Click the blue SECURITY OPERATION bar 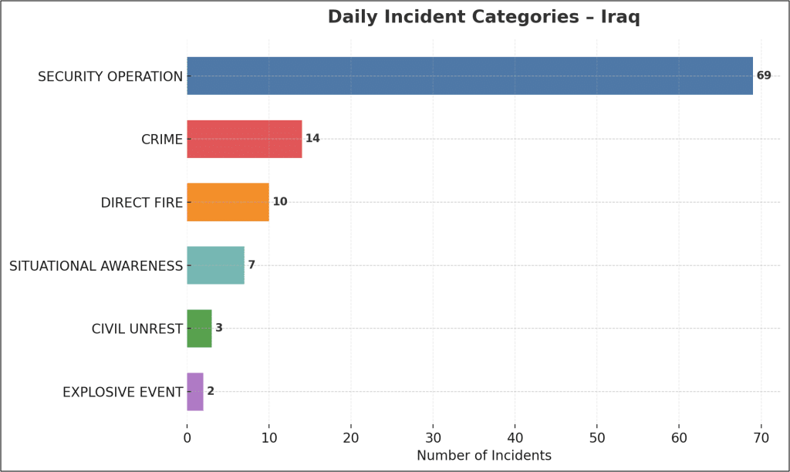tap(469, 76)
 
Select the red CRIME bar tap(244, 139)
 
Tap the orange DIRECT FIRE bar tap(228, 202)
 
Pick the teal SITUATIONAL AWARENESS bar tap(215, 265)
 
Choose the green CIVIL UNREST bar tap(199, 329)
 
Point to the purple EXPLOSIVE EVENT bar tap(195, 392)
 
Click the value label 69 tap(764, 76)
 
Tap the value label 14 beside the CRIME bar tap(312, 139)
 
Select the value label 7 tap(252, 265)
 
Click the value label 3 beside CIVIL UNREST tap(219, 329)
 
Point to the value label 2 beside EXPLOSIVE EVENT tap(211, 392)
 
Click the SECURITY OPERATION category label tap(110, 76)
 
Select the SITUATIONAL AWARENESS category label tap(96, 266)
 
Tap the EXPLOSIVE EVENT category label tap(123, 393)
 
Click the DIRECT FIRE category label tap(142, 203)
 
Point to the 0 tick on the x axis tap(187, 437)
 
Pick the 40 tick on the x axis tap(515, 437)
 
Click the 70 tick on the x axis tap(761, 437)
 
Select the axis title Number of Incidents tap(484, 456)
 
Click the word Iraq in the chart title tap(620, 17)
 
